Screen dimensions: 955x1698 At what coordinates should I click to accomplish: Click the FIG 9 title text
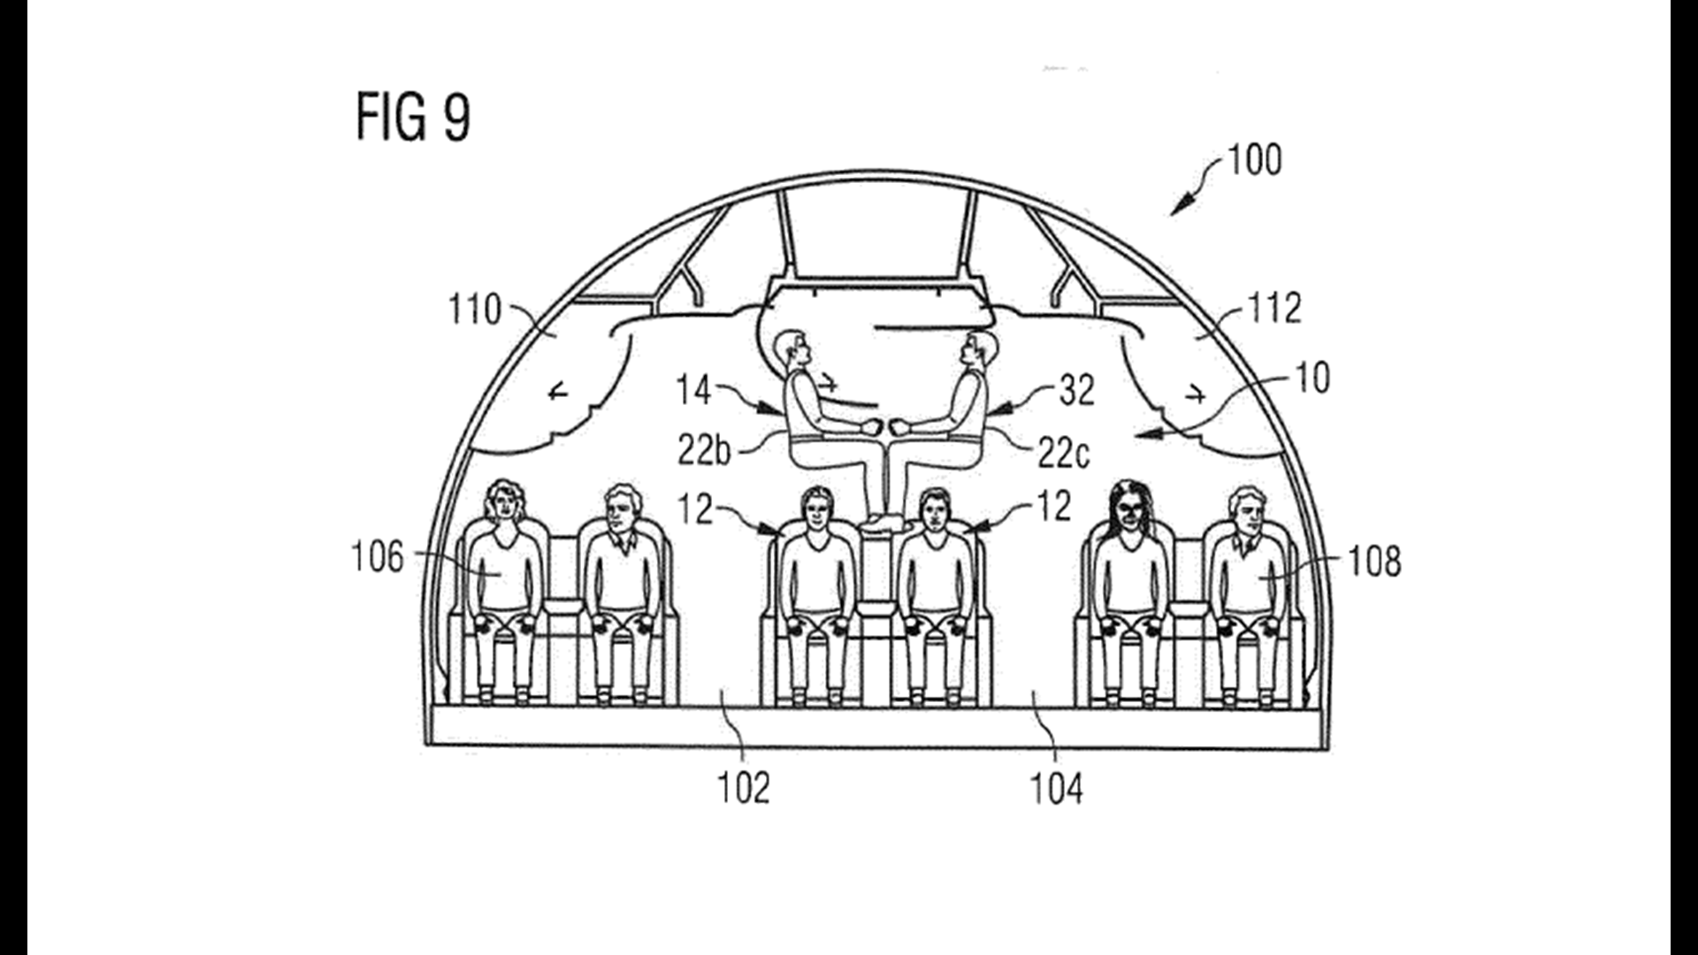pos(413,118)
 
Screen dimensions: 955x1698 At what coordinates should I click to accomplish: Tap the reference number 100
pos(1254,160)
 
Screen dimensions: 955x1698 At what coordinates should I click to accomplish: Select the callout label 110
pos(475,309)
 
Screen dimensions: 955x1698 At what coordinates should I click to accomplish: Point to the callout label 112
pos(1274,308)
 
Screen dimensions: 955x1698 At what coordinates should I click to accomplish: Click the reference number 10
pos(1312,378)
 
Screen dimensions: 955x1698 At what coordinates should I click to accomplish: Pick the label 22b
pos(705,451)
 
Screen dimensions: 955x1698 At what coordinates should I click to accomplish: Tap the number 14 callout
pos(693,390)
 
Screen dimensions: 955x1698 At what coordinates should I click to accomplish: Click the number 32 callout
pos(1076,390)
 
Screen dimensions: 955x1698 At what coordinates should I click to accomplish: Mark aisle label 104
pos(1056,789)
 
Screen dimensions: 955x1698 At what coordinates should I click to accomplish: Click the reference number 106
pos(378,558)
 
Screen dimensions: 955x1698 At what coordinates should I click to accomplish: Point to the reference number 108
pos(1375,561)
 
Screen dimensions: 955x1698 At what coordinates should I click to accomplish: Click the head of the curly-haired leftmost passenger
pos(502,501)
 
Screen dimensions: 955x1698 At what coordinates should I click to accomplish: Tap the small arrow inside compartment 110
pos(557,392)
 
